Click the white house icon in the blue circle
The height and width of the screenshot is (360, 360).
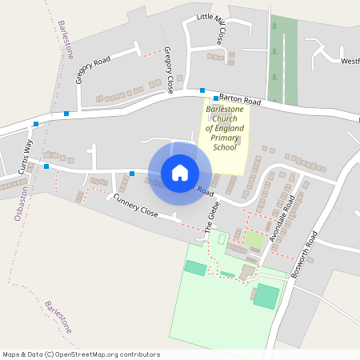coord(180,173)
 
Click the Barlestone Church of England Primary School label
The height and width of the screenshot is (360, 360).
coord(225,128)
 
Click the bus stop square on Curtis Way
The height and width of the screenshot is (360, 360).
coord(46,166)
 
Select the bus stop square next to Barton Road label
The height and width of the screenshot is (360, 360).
coord(203,90)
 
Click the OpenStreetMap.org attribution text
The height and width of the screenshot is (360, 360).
coord(107,354)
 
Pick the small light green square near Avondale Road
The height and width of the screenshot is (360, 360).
coord(254,238)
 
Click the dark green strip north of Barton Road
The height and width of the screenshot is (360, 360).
coord(283,60)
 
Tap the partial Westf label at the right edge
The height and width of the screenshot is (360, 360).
coord(350,61)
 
